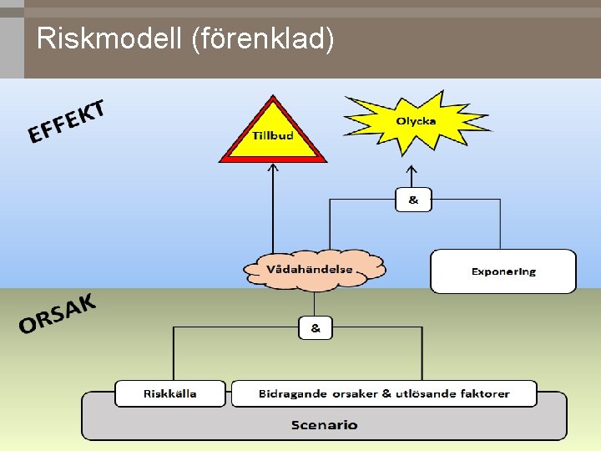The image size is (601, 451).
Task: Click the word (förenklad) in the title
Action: pos(263,38)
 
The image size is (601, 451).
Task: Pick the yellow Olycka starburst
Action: pos(416,122)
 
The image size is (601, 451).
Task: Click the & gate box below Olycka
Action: pos(413,200)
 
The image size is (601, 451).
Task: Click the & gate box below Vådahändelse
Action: pos(316,327)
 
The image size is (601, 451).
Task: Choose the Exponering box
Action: pos(503,271)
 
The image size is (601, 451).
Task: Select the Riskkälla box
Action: pos(170,393)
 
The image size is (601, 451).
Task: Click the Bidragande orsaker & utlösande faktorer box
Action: pos(384,393)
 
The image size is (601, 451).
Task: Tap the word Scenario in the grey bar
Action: pos(325,425)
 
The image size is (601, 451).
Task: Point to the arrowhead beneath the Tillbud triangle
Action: pos(272,166)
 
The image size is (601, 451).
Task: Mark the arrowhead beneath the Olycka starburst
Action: pos(413,168)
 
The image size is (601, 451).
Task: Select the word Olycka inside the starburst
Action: pos(416,121)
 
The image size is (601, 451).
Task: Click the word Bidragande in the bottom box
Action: pos(290,393)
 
